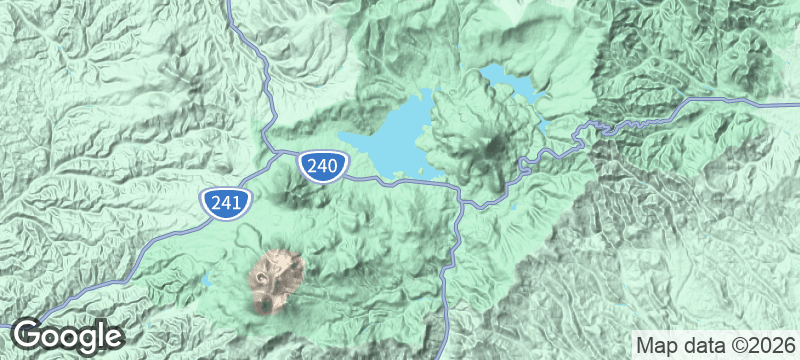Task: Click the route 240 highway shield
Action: (x=322, y=167)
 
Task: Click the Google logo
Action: (x=68, y=335)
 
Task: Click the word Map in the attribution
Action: (x=656, y=345)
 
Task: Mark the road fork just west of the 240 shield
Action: (x=275, y=152)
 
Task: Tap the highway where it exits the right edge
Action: (x=796, y=102)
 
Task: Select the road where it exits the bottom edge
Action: (x=437, y=356)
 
